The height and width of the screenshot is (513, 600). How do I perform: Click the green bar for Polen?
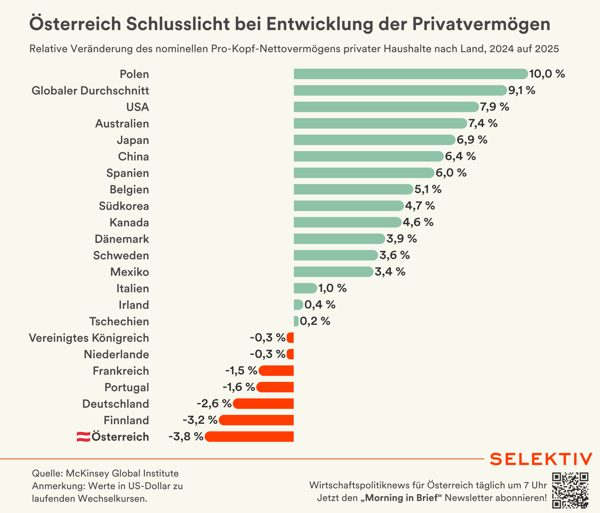coord(411,74)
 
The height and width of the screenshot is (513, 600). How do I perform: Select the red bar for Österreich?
coord(249,436)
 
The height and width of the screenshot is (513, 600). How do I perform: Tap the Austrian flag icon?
coord(83,437)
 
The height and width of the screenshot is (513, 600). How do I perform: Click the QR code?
coord(570,490)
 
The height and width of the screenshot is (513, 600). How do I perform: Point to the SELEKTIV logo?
coord(541,459)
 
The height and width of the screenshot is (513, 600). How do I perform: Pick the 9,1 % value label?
coord(522,90)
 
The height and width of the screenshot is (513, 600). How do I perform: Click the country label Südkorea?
coord(124,206)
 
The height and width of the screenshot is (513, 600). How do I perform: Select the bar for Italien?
coord(305,288)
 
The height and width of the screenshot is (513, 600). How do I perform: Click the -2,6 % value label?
coord(214,403)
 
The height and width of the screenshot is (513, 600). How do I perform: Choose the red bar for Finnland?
coord(256,420)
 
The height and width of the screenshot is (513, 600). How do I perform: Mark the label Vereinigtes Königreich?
coord(89,338)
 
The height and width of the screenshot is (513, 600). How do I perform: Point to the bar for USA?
coord(386,107)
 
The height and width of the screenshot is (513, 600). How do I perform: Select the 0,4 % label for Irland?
coord(320,304)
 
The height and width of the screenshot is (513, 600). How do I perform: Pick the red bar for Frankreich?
coord(276,370)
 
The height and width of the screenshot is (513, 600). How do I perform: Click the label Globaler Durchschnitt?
coord(90,91)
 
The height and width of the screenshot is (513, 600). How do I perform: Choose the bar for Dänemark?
coord(339,239)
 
